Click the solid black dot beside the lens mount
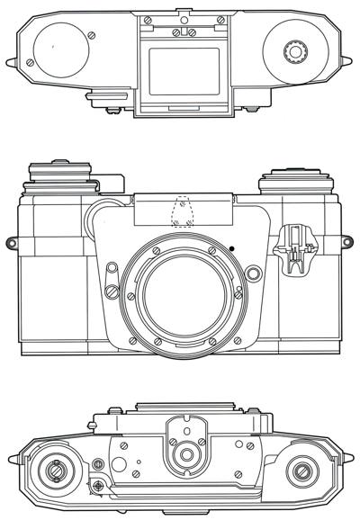[231, 247]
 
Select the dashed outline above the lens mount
[183, 212]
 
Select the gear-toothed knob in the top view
[292, 52]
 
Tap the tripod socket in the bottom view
[186, 456]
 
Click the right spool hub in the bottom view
[301, 469]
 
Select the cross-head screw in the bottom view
[97, 487]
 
